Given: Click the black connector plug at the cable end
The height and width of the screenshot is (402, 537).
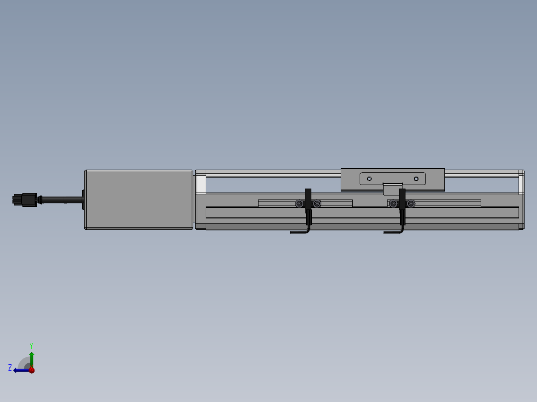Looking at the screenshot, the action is pos(25,200).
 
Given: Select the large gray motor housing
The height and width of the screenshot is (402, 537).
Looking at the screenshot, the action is pos(138,200).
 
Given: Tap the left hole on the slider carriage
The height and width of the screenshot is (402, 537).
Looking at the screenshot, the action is pos(369,179).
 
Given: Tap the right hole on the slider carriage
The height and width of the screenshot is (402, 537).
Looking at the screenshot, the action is pos(416,179).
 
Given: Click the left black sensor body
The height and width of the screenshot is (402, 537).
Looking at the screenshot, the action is pos(308,206).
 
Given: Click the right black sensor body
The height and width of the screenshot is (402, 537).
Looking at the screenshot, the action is pos(402,206).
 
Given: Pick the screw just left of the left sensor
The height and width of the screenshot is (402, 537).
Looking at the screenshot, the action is pos(299,204).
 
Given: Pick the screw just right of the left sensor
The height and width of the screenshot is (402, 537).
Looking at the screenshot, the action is pos(317,204).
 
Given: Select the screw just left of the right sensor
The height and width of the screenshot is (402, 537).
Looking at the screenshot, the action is pos(393,204).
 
